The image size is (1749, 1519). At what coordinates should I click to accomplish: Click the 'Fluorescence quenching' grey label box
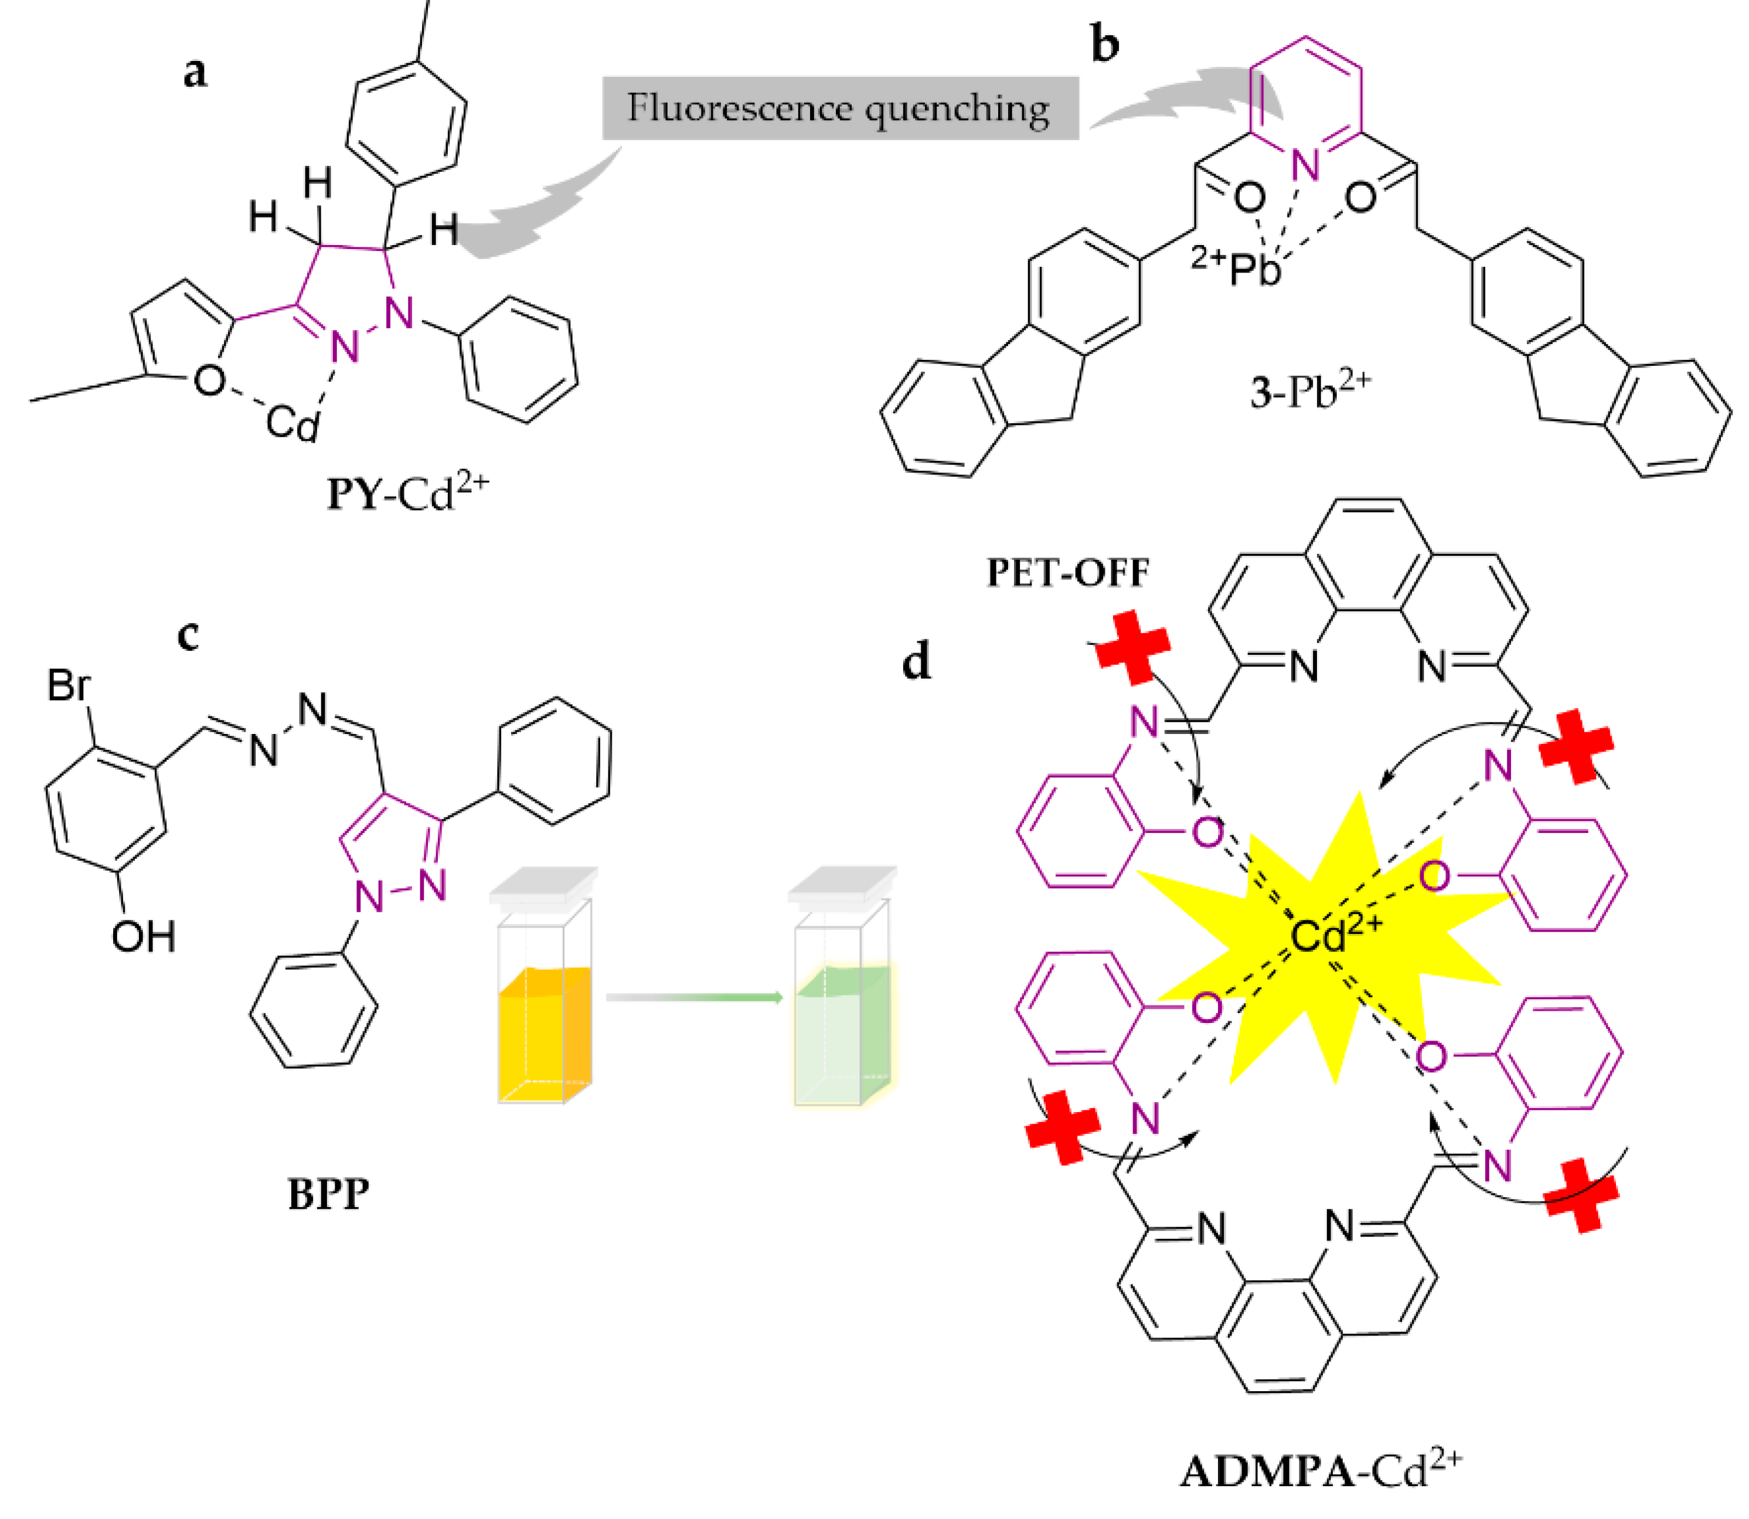tap(839, 108)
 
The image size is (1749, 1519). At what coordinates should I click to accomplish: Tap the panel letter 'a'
tap(195, 74)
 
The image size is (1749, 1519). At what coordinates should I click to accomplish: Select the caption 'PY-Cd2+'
tap(407, 492)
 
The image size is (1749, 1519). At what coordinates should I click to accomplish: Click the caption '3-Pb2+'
tap(1310, 392)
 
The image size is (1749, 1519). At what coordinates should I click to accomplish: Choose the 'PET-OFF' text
tap(1068, 573)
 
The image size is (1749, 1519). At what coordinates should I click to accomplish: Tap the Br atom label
tap(68, 685)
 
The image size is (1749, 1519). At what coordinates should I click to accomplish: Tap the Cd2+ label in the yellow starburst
tap(1335, 935)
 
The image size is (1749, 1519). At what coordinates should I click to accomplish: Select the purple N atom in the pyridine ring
tap(1305, 166)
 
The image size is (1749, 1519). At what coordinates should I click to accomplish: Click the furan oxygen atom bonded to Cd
tap(209, 380)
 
